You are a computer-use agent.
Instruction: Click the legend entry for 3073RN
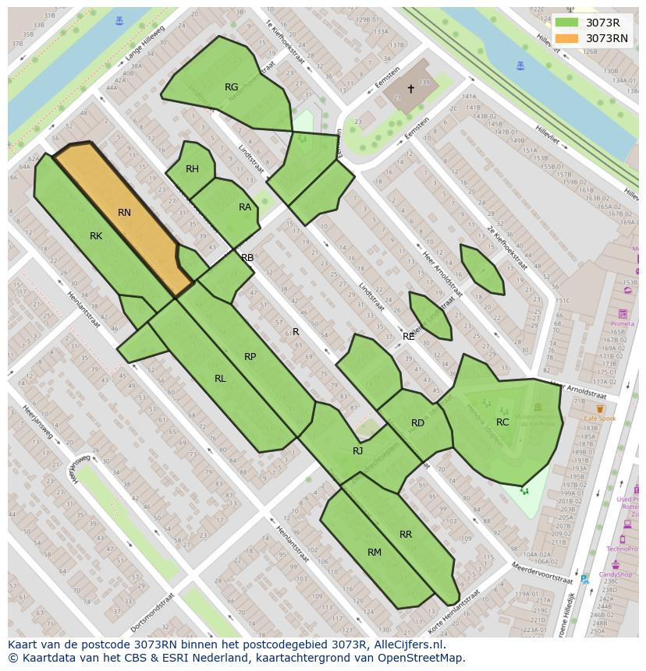(x=606, y=38)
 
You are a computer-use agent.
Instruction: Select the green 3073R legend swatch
(x=566, y=23)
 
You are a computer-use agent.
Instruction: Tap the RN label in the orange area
(x=124, y=213)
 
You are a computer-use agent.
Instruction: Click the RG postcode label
(x=231, y=87)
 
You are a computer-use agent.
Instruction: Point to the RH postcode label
(x=192, y=169)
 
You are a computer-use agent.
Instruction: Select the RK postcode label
(x=96, y=236)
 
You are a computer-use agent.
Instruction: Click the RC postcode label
(x=502, y=422)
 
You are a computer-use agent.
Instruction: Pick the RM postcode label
(x=374, y=553)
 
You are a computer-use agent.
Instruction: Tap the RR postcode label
(x=406, y=535)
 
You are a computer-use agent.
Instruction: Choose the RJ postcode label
(x=357, y=451)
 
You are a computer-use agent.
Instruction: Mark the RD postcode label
(x=417, y=423)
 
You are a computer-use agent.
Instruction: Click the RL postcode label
(x=220, y=379)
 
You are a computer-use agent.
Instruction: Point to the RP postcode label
(x=250, y=357)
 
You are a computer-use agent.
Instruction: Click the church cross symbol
(x=411, y=89)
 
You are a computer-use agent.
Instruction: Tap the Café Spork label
(x=600, y=418)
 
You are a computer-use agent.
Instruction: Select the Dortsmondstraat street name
(x=152, y=612)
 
